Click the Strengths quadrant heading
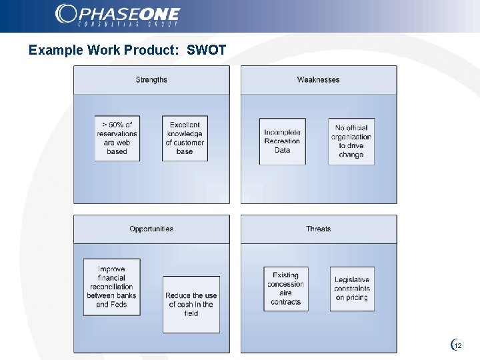151,80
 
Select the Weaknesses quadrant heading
318,80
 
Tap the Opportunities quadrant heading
151,229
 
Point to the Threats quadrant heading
318,229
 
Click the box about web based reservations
117,138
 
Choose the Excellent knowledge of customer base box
185,138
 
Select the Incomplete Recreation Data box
283,141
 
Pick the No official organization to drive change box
351,141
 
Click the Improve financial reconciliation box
111,287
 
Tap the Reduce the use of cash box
191,304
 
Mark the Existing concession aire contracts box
285,289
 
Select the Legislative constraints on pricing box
352,289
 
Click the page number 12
458,345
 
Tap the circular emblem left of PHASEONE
67,13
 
